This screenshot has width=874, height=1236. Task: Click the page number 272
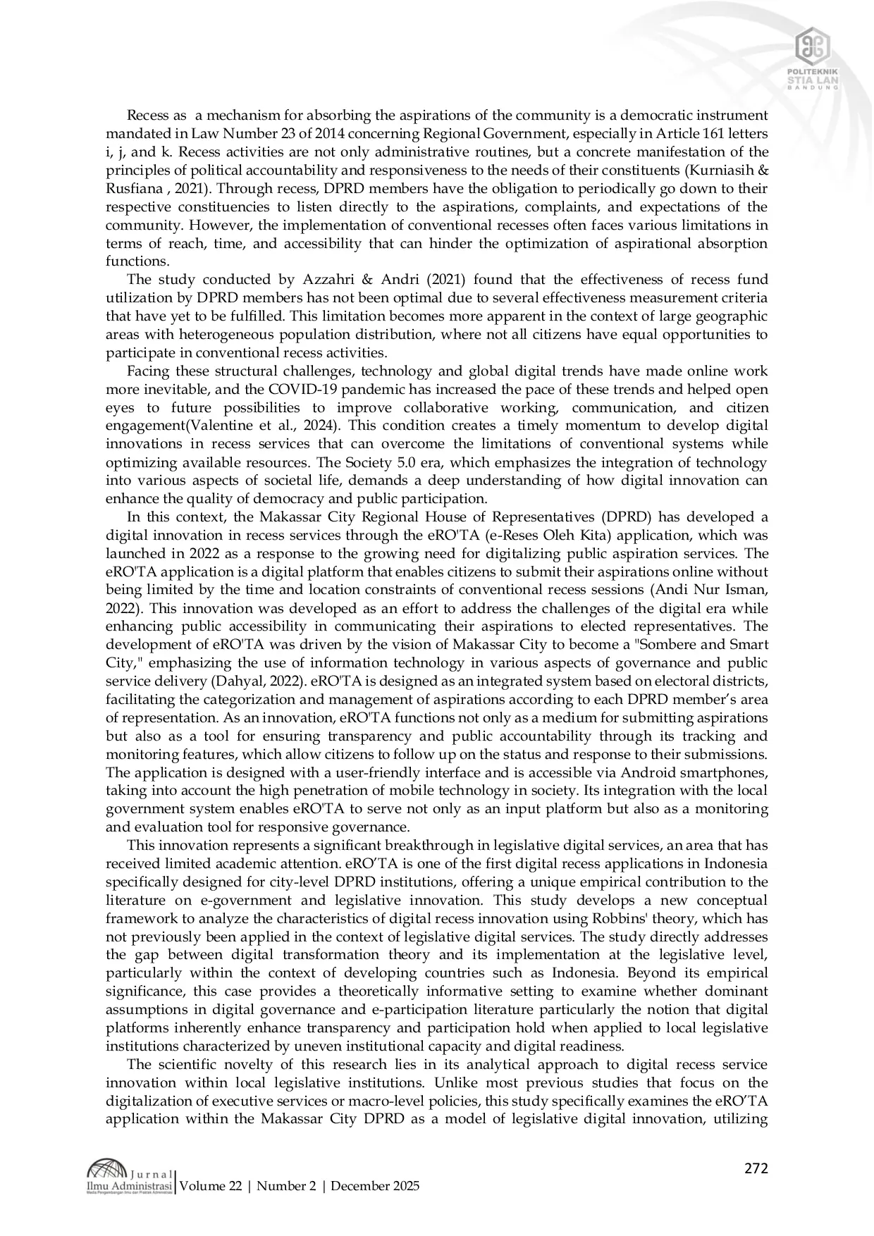pos(756,1168)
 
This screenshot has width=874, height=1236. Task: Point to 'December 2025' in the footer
pos(375,1186)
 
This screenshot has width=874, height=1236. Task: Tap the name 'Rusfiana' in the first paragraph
pos(132,189)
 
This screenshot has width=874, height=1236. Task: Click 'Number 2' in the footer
pos(285,1186)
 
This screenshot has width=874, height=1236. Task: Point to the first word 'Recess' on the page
pos(147,116)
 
